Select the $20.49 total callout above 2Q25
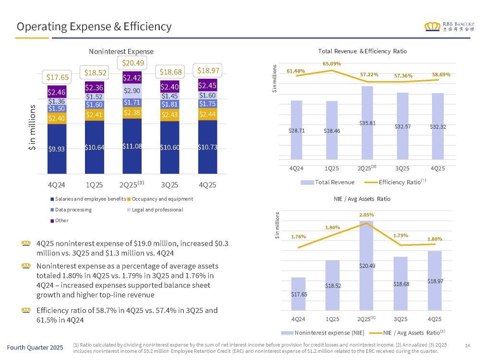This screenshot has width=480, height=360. (132, 62)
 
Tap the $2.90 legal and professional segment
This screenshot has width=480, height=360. (132, 91)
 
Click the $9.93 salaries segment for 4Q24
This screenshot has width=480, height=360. (57, 148)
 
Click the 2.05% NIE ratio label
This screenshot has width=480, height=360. (367, 215)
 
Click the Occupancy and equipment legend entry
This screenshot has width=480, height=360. (163, 199)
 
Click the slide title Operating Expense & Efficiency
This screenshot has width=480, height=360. (94, 27)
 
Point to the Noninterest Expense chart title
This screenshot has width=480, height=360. (121, 51)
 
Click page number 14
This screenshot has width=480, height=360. (468, 346)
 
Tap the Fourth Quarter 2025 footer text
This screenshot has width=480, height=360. (35, 348)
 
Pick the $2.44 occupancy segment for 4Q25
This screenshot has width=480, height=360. (207, 114)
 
